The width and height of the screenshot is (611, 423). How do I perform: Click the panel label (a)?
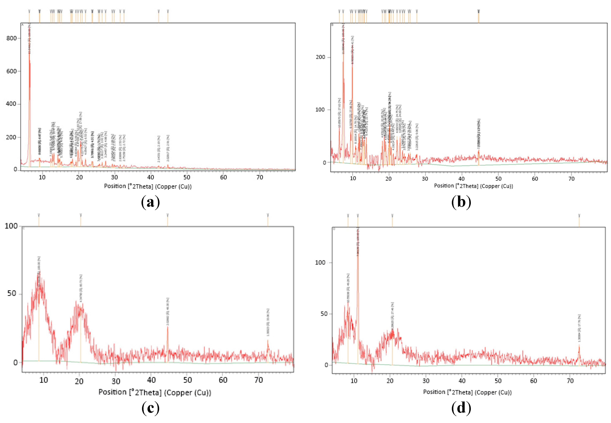click(x=151, y=202)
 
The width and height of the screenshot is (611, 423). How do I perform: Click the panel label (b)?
click(x=461, y=202)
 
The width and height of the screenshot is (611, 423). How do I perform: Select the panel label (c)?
click(x=151, y=408)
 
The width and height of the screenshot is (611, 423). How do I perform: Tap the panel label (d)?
click(x=461, y=408)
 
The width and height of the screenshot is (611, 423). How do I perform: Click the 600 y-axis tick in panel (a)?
click(x=12, y=71)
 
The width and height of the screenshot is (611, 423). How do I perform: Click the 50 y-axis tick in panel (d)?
click(x=324, y=314)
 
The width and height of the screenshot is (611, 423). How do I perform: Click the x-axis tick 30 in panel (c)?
click(x=116, y=381)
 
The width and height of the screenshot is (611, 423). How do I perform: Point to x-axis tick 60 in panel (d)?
click(x=534, y=381)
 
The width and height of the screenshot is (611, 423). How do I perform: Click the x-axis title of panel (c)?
click(x=155, y=392)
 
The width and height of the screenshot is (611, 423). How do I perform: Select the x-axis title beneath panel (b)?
click(x=473, y=186)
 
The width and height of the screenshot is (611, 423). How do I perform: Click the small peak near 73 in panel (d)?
click(x=579, y=346)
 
